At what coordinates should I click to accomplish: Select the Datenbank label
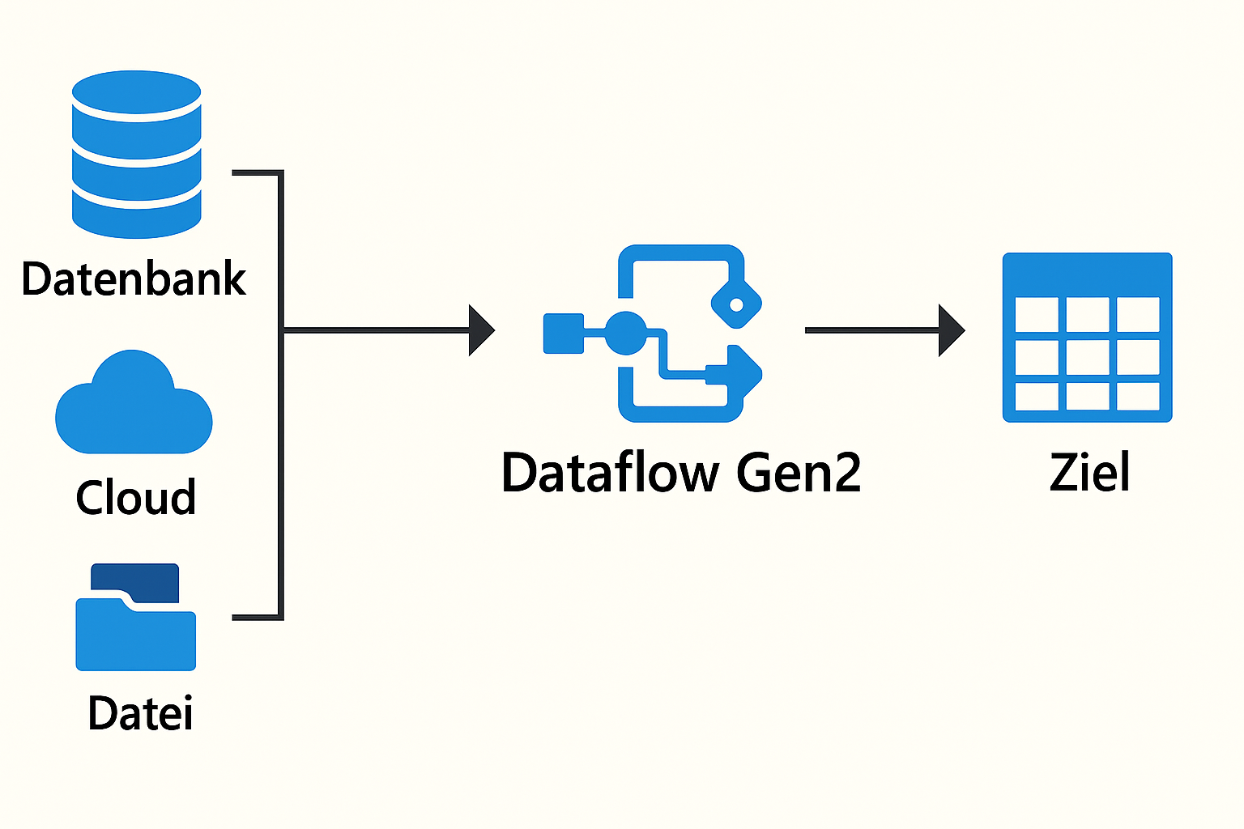coord(134,279)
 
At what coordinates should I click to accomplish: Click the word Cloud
coord(136,497)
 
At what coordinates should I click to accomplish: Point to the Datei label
coord(140,714)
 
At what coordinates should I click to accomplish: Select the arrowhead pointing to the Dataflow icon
coord(481,330)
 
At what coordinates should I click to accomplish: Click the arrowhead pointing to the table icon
coord(951,330)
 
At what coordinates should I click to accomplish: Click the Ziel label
coord(1089,473)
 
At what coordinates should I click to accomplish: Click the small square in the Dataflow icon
coord(563,333)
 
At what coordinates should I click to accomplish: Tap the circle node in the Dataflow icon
coord(626,333)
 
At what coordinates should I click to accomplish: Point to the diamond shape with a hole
coord(736,304)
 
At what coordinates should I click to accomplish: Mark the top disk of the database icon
coord(136,95)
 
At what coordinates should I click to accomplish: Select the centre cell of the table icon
coord(1087,356)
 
